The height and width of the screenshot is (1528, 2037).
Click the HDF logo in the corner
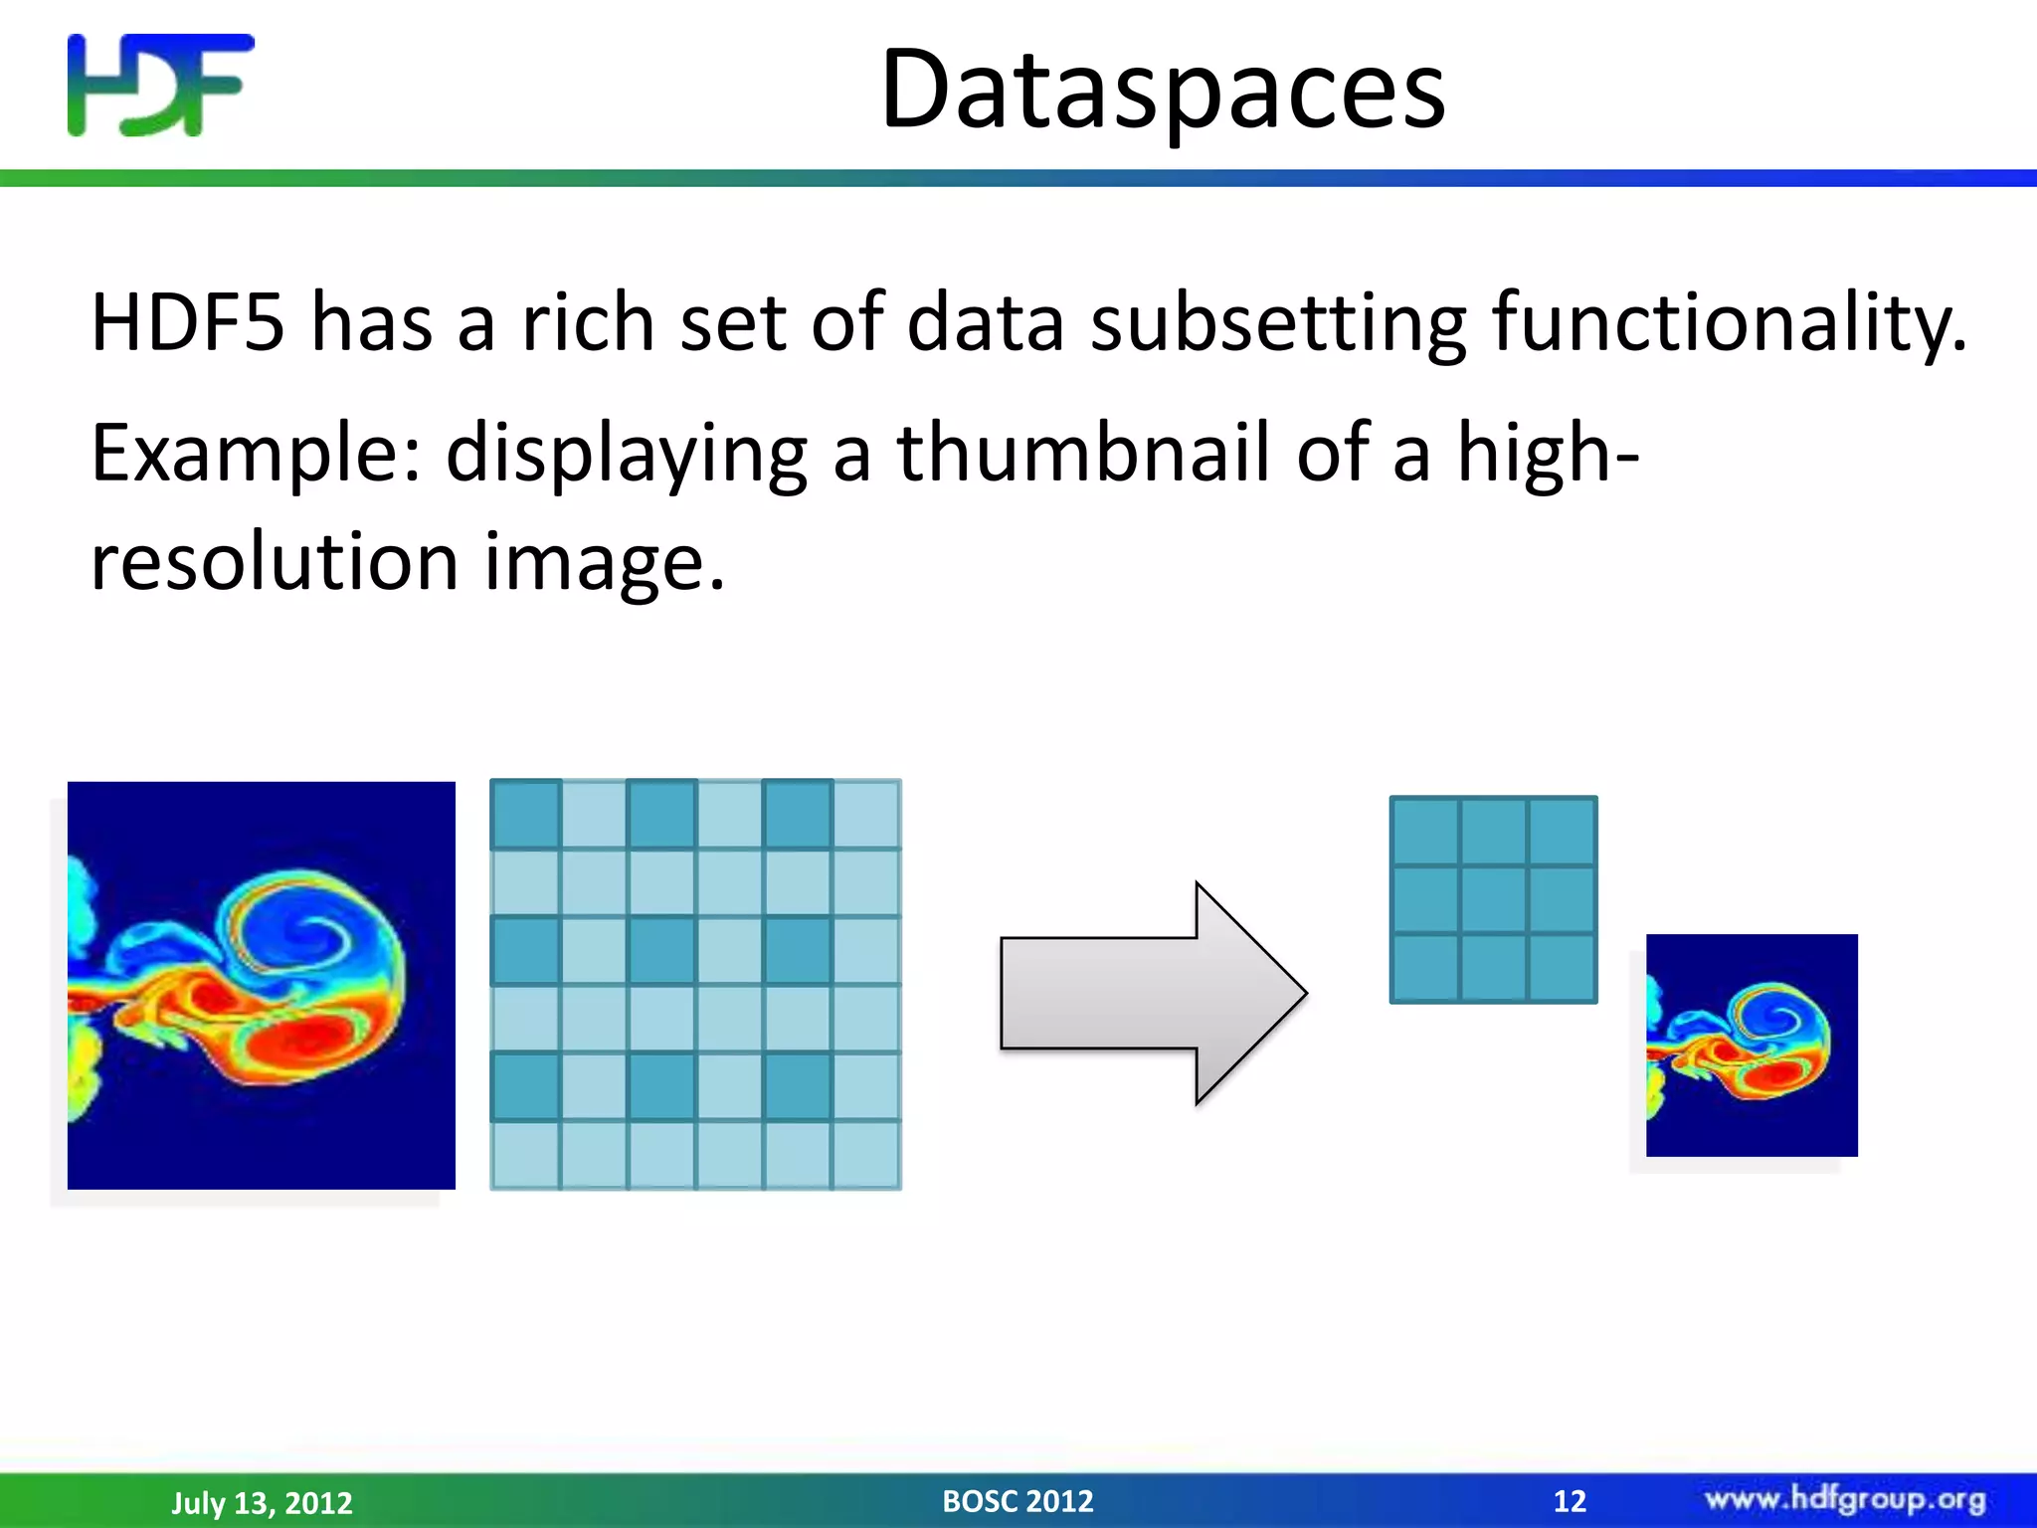(160, 85)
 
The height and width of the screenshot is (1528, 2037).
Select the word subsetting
(1278, 324)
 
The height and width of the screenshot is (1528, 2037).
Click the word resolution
(275, 562)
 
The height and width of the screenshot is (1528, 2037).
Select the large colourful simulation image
(261, 985)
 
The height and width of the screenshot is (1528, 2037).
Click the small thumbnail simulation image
(1752, 1045)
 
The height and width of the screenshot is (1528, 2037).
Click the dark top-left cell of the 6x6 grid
(526, 814)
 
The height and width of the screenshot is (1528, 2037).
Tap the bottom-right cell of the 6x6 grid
(865, 1154)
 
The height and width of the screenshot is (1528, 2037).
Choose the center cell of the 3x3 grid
(1493, 899)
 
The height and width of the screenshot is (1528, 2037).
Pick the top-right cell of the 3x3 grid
(1562, 832)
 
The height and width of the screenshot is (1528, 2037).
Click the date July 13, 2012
(262, 1502)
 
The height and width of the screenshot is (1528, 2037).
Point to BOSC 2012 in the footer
(1018, 1500)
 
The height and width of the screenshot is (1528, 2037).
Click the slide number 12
(1570, 1500)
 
